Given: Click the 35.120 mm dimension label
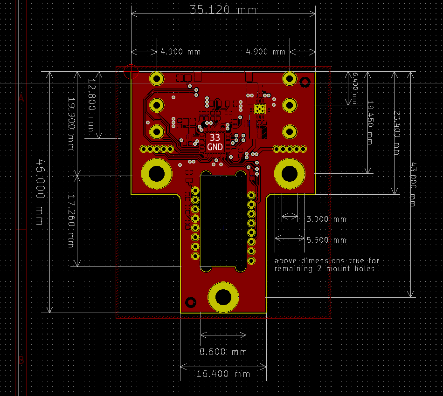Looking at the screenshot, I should (x=223, y=9).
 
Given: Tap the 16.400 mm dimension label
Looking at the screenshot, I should (x=223, y=374).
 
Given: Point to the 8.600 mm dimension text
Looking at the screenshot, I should (x=223, y=352).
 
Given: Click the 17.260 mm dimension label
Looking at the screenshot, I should (x=71, y=221).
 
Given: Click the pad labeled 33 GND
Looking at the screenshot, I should (x=215, y=142).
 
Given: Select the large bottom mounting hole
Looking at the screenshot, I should (x=223, y=297).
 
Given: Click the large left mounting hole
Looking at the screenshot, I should (x=157, y=174).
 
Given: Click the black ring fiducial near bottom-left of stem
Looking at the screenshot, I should (x=190, y=302).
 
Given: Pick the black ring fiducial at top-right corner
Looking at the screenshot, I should (x=305, y=82).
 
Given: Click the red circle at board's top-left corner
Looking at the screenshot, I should (x=131, y=71).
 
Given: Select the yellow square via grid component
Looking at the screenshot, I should (x=260, y=109).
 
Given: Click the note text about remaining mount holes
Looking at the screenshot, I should (x=326, y=265).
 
